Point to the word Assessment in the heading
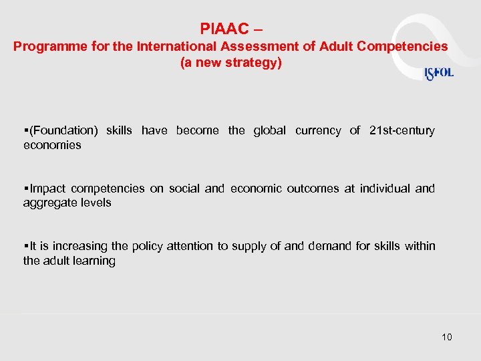[238, 47]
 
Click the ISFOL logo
[439, 74]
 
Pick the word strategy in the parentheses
[255, 64]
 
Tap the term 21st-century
[402, 130]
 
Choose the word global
[269, 130]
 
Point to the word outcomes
[313, 189]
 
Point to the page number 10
[447, 337]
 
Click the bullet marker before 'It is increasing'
[25, 246]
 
